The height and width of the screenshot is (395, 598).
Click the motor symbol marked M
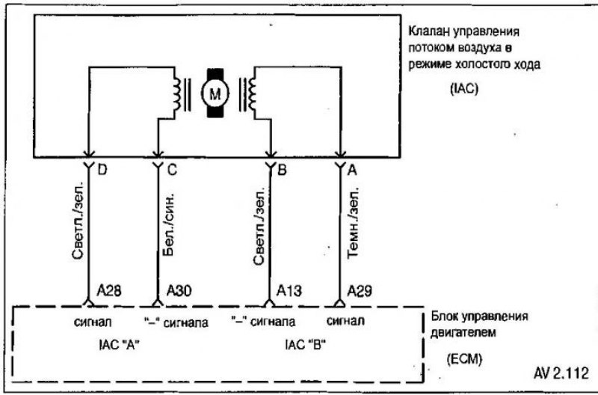click(x=215, y=93)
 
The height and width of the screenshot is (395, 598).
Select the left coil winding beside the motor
click(x=177, y=94)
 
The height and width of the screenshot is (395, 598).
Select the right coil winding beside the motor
click(x=252, y=94)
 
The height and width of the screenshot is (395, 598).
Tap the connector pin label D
click(x=102, y=170)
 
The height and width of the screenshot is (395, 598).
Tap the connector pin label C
click(x=172, y=170)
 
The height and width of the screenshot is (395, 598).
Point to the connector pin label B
click(x=282, y=170)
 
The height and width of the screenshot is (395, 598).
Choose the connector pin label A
click(x=352, y=170)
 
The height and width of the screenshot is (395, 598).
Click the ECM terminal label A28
click(x=108, y=291)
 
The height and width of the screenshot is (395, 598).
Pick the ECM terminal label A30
click(x=179, y=291)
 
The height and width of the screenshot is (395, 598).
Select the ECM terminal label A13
click(x=289, y=291)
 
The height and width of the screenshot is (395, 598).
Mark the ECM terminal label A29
click(x=360, y=291)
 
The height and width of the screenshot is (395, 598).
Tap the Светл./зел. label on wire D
click(x=78, y=222)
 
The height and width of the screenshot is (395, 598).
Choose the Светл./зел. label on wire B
click(x=259, y=226)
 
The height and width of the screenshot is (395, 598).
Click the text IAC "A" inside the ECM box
click(x=118, y=345)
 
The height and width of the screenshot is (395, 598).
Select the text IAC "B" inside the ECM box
click(x=305, y=345)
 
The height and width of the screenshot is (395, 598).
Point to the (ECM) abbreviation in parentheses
click(x=464, y=359)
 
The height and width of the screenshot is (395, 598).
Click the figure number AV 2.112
click(x=561, y=373)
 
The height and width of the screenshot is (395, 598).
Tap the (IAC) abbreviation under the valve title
click(x=464, y=89)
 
